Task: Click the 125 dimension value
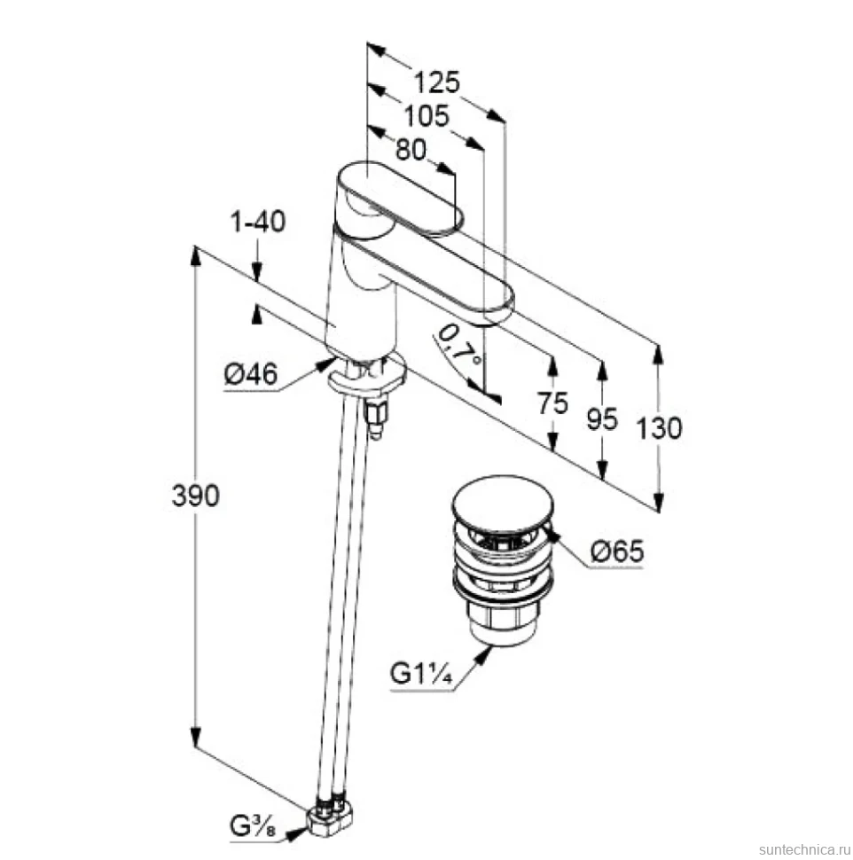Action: click(x=436, y=82)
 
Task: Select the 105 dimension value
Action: click(x=426, y=116)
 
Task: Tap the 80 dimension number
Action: click(x=411, y=149)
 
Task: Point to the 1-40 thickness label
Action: click(x=258, y=222)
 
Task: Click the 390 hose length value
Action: click(x=196, y=496)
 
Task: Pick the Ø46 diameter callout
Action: click(x=251, y=375)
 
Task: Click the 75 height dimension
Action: click(x=552, y=403)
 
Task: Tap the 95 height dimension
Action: click(x=602, y=419)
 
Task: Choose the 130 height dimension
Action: click(x=659, y=428)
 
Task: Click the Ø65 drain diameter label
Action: click(x=617, y=551)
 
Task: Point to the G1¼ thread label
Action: click(x=421, y=673)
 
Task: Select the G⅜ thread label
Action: click(x=253, y=825)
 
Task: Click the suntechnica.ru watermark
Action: click(x=802, y=849)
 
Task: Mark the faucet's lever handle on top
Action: click(x=400, y=199)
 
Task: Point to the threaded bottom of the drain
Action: click(x=500, y=622)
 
